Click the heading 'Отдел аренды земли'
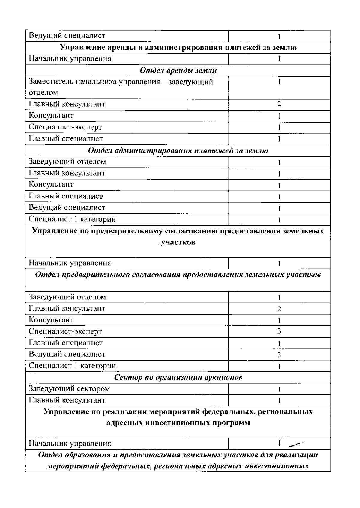[178, 70]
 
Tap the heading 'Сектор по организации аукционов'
[178, 377]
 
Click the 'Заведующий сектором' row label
[69, 389]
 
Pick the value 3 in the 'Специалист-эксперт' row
[279, 331]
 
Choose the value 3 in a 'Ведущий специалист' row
[279, 355]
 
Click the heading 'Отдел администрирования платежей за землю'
[178, 151]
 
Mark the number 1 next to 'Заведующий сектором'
[279, 389]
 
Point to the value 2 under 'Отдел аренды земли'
[279, 104]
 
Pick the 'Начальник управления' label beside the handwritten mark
[70, 444]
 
